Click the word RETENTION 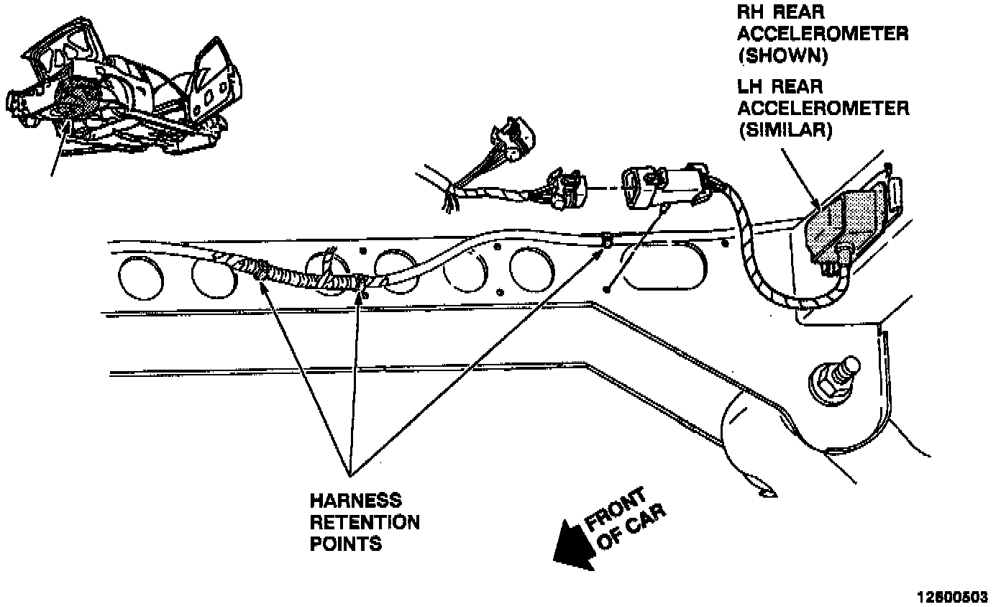tap(365, 522)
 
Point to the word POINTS tap(346, 544)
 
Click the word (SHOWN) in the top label tap(783, 56)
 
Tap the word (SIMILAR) tap(785, 131)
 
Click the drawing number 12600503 tap(951, 597)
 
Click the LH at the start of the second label tap(751, 87)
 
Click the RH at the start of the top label tap(752, 12)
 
